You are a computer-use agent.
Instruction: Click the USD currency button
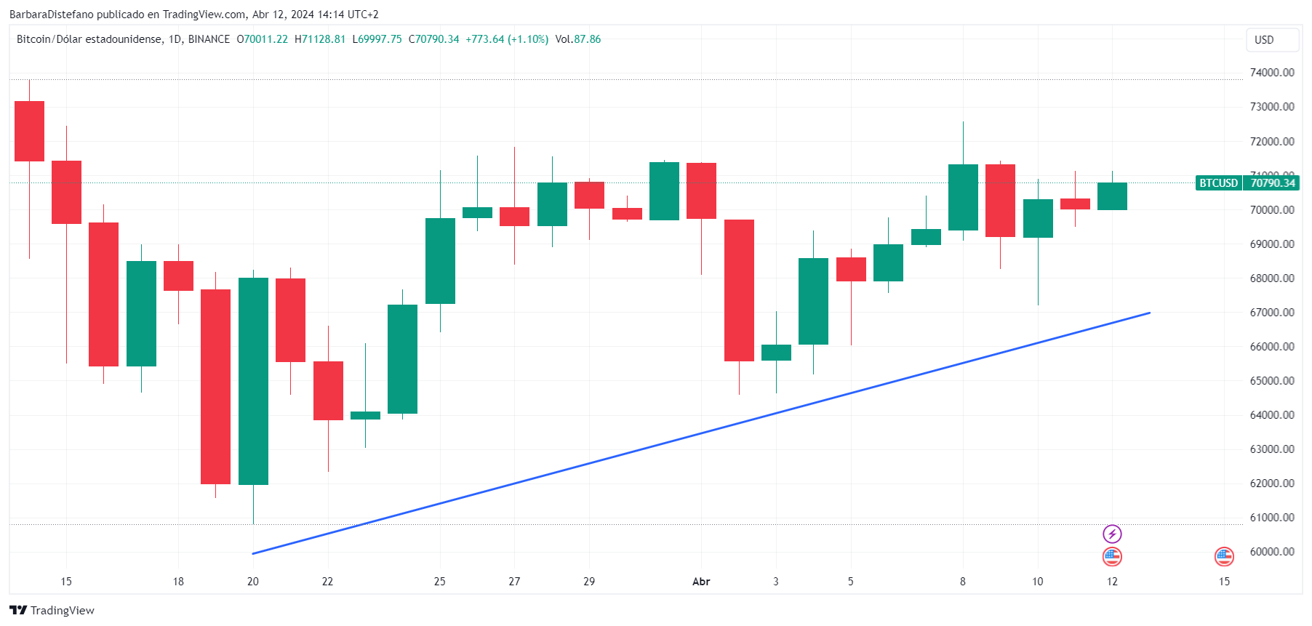pos(1271,40)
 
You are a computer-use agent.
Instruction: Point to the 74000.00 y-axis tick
pos(1271,73)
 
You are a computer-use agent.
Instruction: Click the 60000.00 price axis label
pos(1271,552)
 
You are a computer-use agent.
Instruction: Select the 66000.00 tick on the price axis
pos(1271,347)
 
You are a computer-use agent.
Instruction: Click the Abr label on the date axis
pos(701,582)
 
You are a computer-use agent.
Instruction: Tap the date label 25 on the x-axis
pos(439,582)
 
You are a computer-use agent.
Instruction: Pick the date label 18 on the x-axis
pos(178,582)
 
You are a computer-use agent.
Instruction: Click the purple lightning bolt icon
pos(1112,534)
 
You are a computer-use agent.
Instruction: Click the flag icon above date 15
pos(1224,557)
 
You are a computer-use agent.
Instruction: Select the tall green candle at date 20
pos(253,381)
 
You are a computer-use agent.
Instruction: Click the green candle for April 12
pos(1112,196)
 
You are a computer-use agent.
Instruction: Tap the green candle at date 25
pos(440,261)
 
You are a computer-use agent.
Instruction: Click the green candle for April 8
pos(963,197)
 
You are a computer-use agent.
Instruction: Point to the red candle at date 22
pos(328,390)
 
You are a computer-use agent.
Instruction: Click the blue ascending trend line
pos(701,434)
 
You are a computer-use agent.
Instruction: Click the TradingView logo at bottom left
pos(52,610)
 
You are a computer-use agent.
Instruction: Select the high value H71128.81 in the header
pos(320,39)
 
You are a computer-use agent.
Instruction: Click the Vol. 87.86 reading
pos(578,39)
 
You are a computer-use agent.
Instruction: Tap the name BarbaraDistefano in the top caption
pos(52,15)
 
